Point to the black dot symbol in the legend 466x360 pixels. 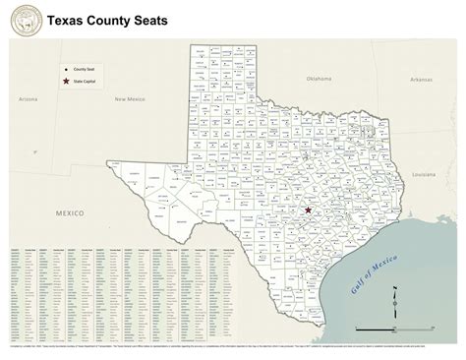(x=65, y=69)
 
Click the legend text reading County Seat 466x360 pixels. (x=85, y=69)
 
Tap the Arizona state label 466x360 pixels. (x=27, y=98)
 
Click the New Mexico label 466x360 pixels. (x=129, y=99)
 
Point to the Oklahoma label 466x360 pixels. (x=320, y=78)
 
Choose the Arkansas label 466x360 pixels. (x=421, y=79)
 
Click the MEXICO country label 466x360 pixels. (x=70, y=211)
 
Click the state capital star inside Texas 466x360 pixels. (x=308, y=210)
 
